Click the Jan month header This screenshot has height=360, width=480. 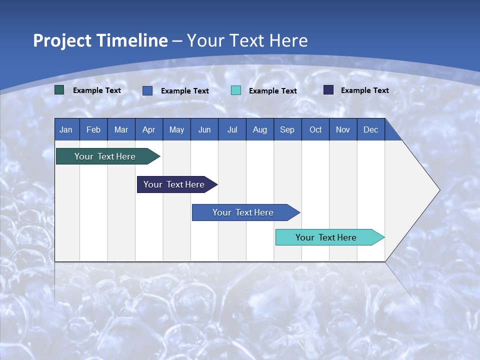point(66,129)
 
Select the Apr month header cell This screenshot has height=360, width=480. point(149,129)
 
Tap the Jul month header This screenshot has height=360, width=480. point(232,129)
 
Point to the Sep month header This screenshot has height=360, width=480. point(287,129)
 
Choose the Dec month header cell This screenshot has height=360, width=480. point(370,129)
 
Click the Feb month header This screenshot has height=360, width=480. point(93,129)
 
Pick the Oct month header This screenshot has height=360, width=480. point(315,129)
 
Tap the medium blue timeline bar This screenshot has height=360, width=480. point(243,212)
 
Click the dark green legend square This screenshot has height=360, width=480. point(59,90)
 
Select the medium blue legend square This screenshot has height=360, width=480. point(147,90)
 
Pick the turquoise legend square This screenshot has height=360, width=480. point(236,90)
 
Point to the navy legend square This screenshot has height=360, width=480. point(328,90)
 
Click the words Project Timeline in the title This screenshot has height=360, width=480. point(100,40)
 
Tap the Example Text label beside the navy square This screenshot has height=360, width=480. point(364,90)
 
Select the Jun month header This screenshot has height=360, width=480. point(204,129)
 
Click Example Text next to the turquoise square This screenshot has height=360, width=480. point(272,91)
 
